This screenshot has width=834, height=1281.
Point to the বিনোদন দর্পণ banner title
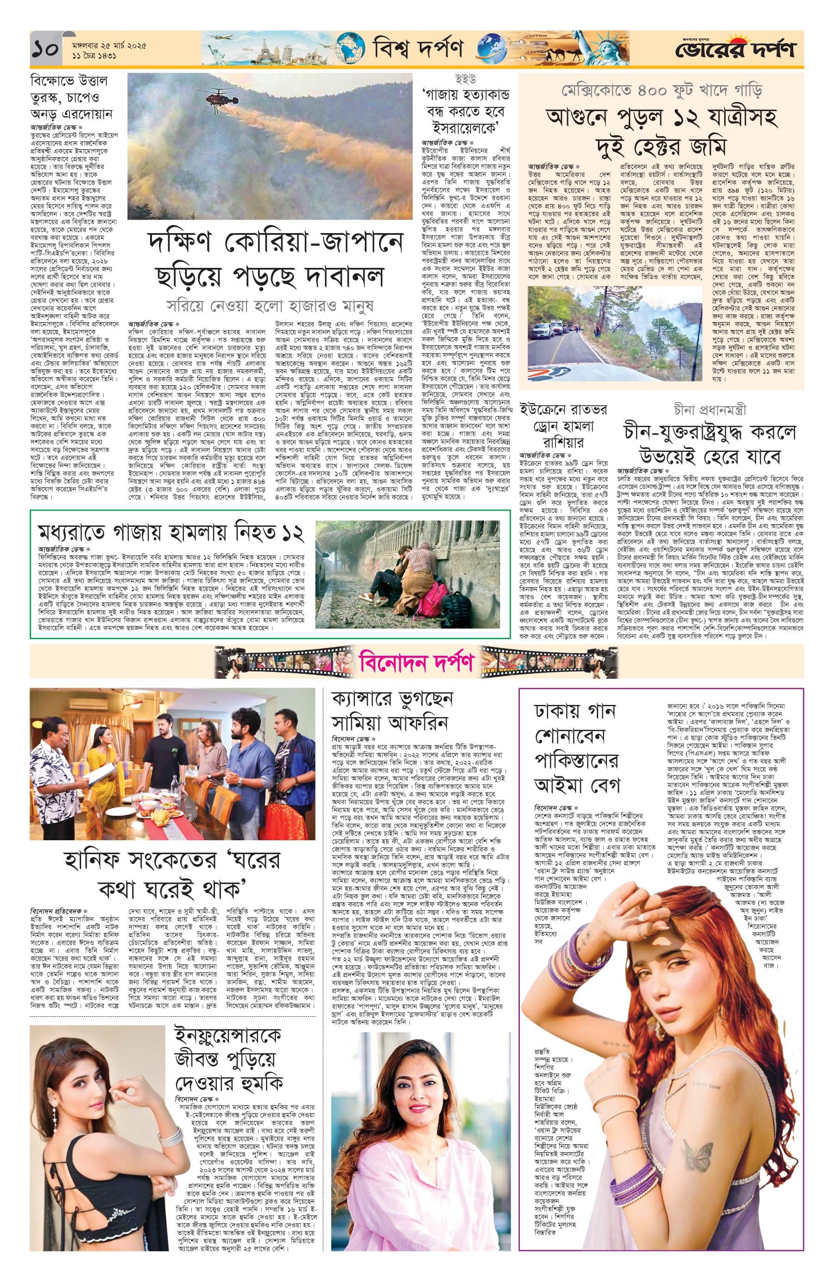[x=417, y=661]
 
